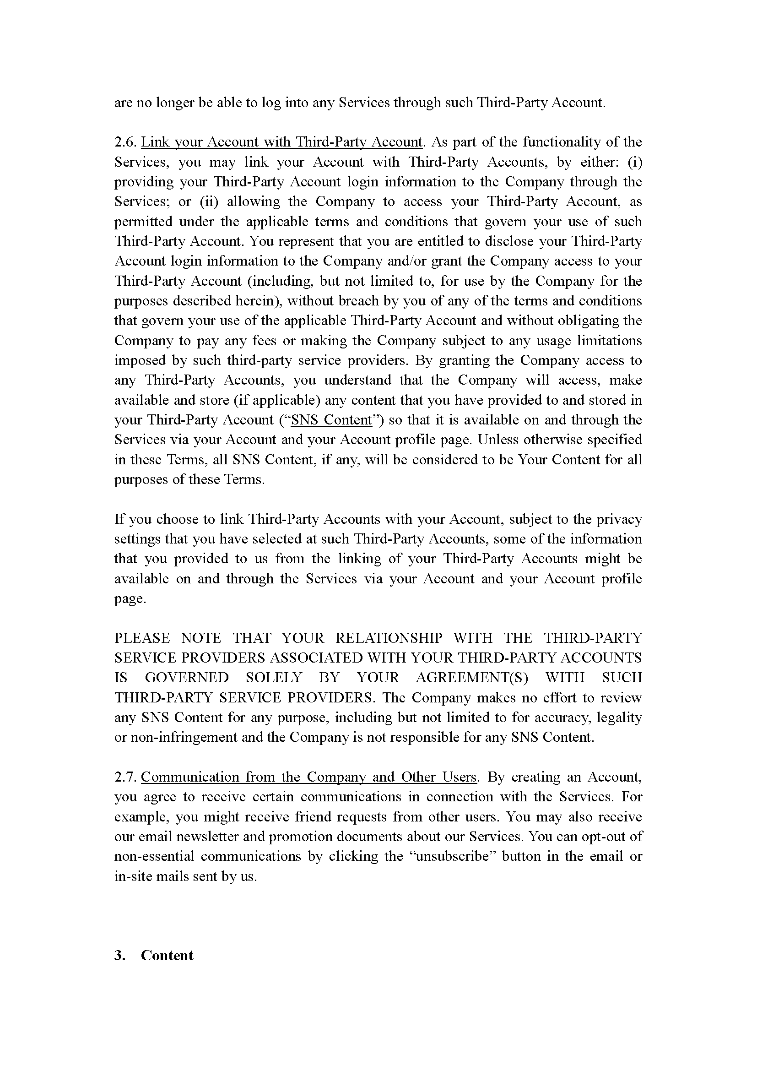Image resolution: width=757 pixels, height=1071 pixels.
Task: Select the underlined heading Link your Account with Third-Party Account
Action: click(281, 142)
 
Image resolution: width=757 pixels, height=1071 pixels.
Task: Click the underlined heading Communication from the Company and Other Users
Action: click(308, 777)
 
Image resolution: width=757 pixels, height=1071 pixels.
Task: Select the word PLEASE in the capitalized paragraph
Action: click(142, 638)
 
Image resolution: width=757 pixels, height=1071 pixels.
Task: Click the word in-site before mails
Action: click(133, 876)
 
